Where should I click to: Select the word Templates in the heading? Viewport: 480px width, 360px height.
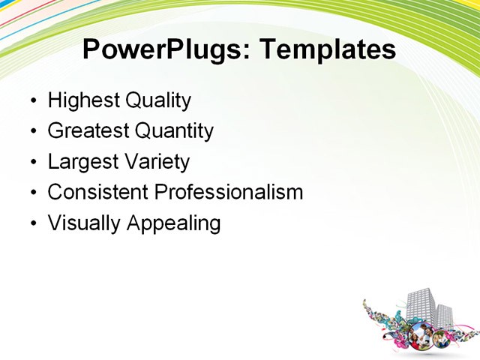[x=327, y=50]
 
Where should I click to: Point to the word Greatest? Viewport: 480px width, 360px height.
[x=88, y=131]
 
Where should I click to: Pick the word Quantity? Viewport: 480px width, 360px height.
[x=174, y=131]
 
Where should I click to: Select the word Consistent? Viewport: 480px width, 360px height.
[x=97, y=192]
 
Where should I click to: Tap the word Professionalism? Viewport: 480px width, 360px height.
[x=228, y=192]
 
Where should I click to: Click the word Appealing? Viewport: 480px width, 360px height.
[x=174, y=223]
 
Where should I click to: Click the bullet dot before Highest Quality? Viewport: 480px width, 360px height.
[x=33, y=101]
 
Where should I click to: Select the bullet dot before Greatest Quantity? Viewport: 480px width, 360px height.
[x=33, y=132]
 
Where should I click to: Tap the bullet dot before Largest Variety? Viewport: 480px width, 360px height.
[x=33, y=163]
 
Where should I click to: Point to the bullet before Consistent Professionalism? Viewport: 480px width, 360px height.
[x=33, y=193]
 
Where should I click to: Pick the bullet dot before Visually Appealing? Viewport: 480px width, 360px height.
[x=33, y=223]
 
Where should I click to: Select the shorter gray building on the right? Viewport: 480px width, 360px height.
[x=445, y=315]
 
